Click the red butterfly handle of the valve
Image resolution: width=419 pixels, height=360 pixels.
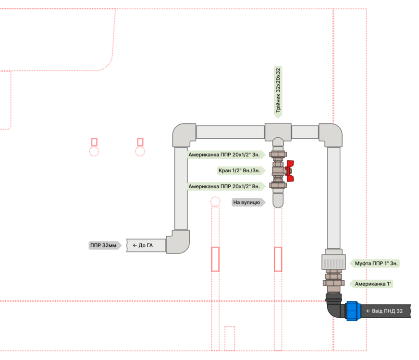289,171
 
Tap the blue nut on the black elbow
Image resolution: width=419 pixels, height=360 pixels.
353,311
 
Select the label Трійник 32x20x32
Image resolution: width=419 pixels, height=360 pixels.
278,92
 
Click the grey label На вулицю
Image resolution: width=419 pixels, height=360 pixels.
247,203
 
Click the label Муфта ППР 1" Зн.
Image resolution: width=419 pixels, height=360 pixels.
376,264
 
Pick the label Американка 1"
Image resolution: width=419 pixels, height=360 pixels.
373,284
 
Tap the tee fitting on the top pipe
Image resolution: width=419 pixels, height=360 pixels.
278,131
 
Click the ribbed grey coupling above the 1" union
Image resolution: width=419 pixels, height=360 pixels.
334,262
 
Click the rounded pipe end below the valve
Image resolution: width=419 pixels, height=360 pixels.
278,199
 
